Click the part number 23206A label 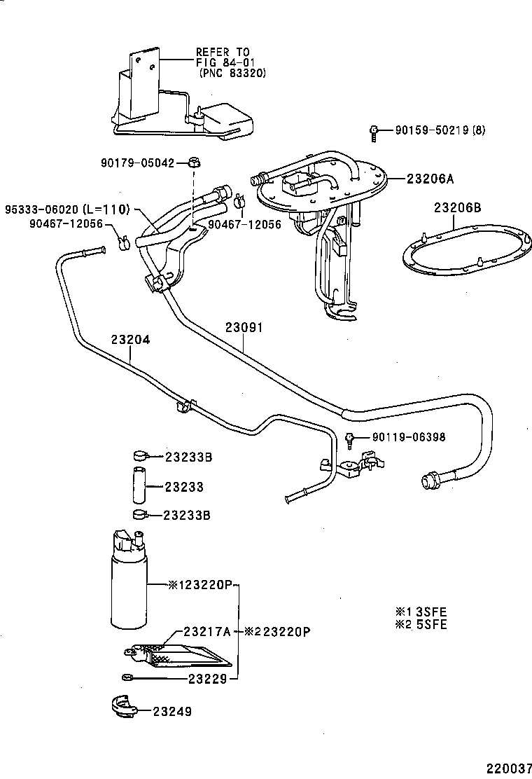(430, 179)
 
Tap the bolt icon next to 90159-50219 (374, 130)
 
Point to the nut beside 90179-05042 (195, 163)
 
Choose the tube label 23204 (130, 339)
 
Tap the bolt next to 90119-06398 (349, 439)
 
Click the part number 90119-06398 (409, 437)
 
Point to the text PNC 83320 (233, 72)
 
